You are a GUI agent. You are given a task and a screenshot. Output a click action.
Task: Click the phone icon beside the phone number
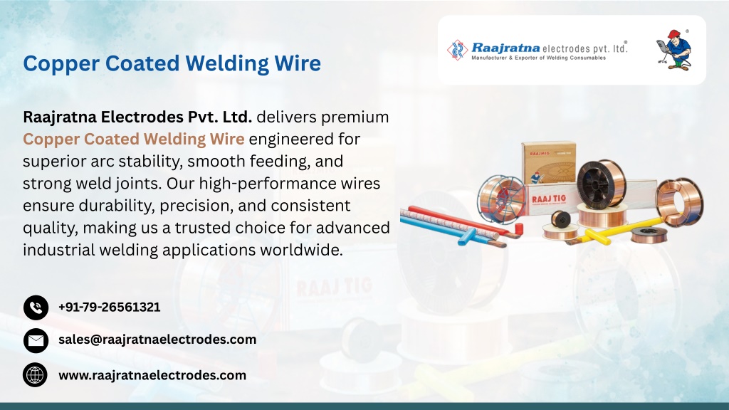pos(36,307)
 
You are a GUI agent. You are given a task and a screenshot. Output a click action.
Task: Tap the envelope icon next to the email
pos(36,341)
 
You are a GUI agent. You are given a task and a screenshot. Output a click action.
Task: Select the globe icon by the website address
pos(35,375)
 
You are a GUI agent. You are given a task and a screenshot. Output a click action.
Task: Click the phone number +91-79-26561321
pos(109,307)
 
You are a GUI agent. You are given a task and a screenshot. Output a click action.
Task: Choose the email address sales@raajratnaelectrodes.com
pos(157,340)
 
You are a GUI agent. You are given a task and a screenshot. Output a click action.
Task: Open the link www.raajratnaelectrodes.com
pos(152,375)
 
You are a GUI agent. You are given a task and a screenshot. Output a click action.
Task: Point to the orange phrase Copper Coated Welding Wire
pos(133,139)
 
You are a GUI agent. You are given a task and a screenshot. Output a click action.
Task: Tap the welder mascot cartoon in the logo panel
pos(673,50)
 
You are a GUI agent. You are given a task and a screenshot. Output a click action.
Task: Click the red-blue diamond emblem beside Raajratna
pos(458,50)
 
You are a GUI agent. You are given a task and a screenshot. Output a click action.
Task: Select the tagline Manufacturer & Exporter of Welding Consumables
pos(538,58)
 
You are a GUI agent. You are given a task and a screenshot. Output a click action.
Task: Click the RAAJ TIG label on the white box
pos(549,199)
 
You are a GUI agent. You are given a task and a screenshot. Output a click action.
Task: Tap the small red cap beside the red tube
pos(518,228)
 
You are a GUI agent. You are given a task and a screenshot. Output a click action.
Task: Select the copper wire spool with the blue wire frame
pos(501,199)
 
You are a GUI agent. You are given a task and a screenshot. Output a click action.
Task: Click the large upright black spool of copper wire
pos(601,184)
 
